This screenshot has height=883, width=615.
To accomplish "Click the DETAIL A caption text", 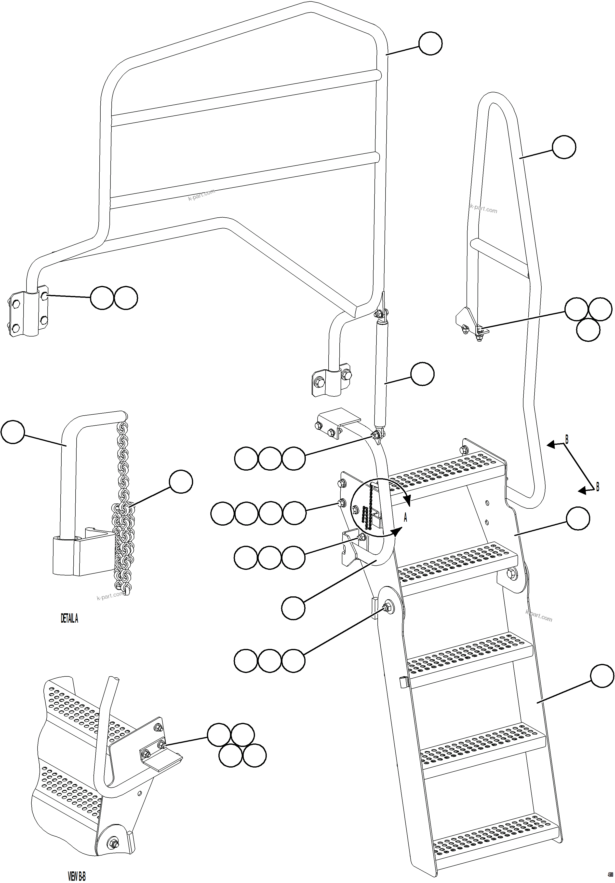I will [x=69, y=618].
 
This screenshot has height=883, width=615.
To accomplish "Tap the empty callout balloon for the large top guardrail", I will [x=430, y=44].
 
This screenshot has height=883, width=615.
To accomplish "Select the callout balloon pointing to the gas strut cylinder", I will [x=422, y=373].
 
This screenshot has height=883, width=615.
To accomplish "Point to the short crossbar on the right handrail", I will [x=500, y=256].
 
